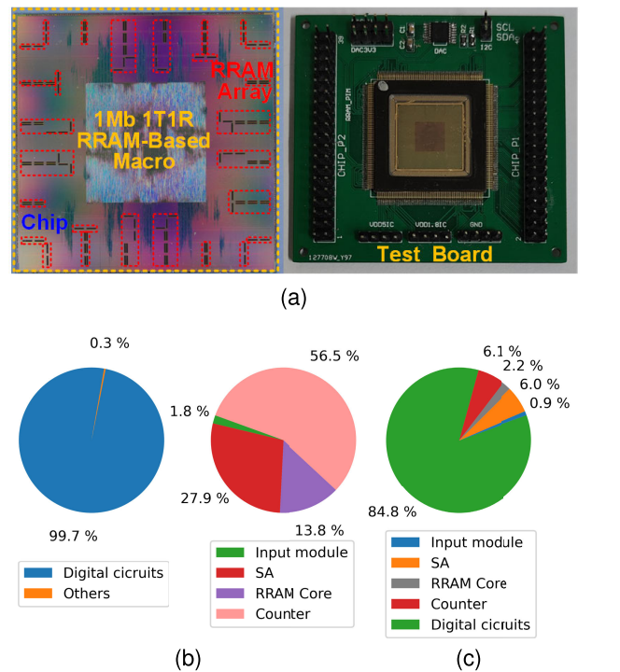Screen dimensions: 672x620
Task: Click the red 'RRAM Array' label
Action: point(241,80)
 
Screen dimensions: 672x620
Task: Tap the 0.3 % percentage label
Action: point(111,343)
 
